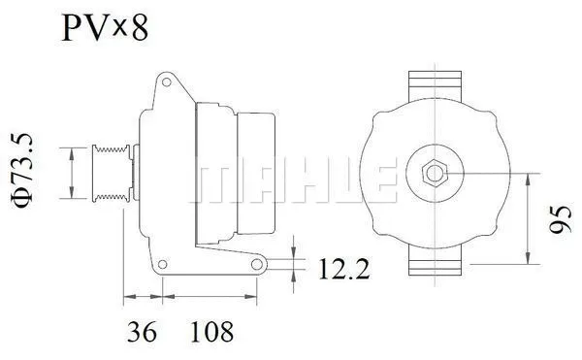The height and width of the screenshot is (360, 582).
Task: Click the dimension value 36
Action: click(x=143, y=333)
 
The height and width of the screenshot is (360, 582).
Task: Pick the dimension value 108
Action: click(x=212, y=333)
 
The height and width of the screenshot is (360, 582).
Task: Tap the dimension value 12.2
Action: click(x=343, y=269)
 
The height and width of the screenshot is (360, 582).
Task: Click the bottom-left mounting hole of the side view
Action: click(x=163, y=261)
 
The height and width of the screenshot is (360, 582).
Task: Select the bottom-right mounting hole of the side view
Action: click(x=257, y=263)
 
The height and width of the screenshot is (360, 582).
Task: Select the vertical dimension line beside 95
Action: click(x=527, y=219)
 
